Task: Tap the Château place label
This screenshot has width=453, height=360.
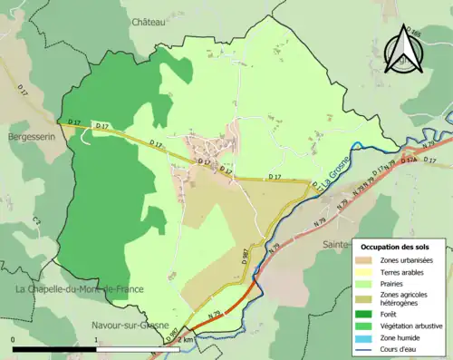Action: (x=149, y=21)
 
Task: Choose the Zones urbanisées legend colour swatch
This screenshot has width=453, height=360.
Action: (x=367, y=261)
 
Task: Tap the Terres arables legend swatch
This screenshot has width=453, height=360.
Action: (x=367, y=273)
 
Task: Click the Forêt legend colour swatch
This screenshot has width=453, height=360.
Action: (x=367, y=314)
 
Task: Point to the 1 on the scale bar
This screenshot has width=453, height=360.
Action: (x=96, y=339)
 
